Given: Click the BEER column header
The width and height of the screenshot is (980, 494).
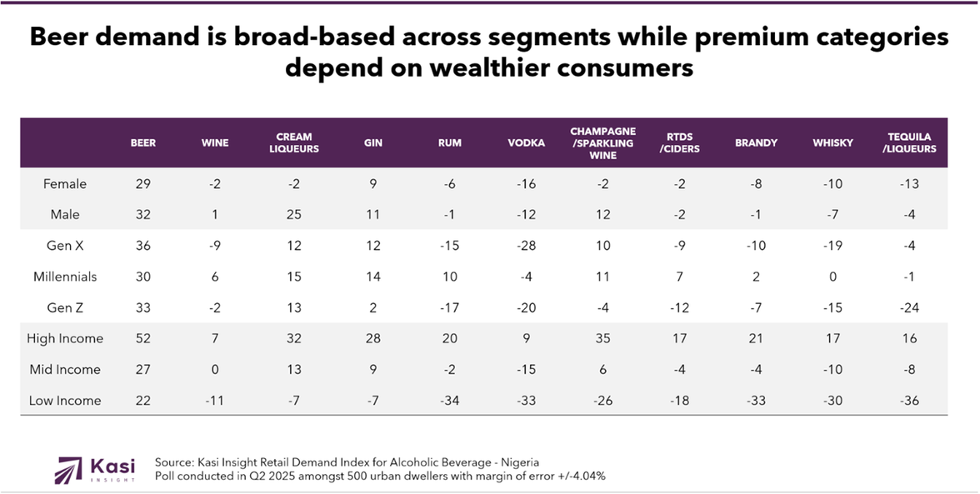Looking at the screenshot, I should tap(143, 142).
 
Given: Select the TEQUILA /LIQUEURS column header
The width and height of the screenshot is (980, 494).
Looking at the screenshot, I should tap(909, 142).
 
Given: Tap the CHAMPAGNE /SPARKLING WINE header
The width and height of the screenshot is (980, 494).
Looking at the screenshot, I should tap(602, 142).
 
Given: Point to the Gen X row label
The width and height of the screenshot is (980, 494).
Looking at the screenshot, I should tap(65, 246).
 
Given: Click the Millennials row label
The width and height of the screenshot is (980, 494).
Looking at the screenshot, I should tap(65, 277).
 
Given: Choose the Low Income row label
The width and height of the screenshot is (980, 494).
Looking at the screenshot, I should tap(65, 401).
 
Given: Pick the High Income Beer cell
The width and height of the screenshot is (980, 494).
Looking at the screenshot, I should tap(143, 338).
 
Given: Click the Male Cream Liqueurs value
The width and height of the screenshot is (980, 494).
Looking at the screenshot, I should tap(295, 215).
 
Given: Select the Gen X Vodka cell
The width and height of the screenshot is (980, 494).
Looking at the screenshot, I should tap(526, 246).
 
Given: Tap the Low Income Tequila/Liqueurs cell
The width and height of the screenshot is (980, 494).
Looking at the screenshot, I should tap(909, 401).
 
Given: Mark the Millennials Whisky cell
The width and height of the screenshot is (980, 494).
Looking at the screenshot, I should tap(832, 277).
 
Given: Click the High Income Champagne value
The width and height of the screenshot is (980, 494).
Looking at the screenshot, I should tap(602, 338).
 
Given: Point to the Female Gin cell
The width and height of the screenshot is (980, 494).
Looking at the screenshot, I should tap(372, 184).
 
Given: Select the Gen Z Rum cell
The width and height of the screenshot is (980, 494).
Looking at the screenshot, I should tap(449, 307).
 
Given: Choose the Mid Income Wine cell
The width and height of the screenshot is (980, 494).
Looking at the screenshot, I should tap(214, 369).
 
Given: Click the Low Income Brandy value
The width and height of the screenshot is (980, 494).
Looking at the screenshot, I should tap(756, 401).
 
